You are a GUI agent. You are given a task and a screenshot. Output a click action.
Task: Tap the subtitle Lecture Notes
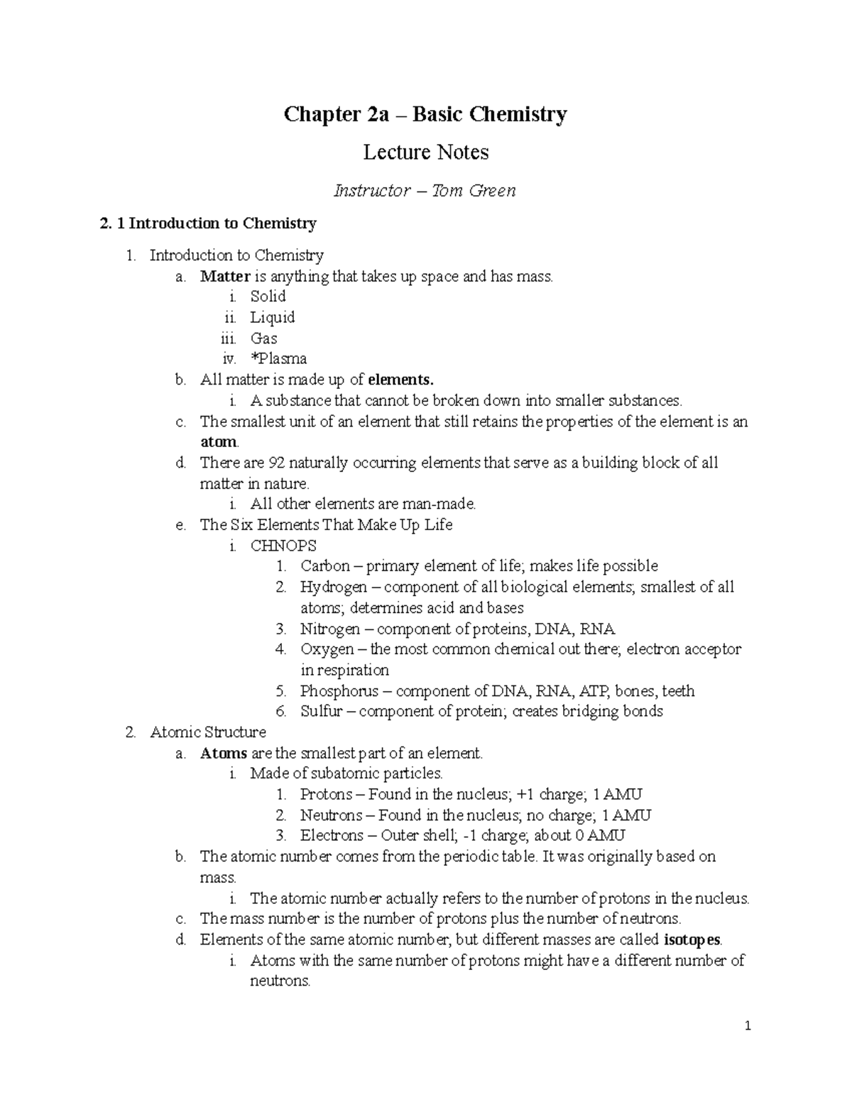point(425,152)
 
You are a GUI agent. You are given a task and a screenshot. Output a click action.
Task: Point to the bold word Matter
point(225,276)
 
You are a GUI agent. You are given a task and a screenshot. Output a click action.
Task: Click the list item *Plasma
point(278,358)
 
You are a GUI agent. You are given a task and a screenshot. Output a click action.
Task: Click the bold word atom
point(219,442)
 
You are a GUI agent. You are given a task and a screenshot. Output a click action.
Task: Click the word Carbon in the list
point(324,566)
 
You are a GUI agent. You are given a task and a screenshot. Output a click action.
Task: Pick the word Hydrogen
point(333,587)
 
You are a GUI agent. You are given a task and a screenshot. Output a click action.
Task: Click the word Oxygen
point(327,649)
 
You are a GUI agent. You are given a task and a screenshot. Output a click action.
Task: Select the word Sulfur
point(320,712)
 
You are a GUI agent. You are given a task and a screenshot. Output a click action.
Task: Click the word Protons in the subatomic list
point(326,795)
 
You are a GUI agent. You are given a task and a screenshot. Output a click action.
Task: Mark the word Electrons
point(332,836)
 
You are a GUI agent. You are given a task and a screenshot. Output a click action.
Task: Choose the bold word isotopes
point(692,940)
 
